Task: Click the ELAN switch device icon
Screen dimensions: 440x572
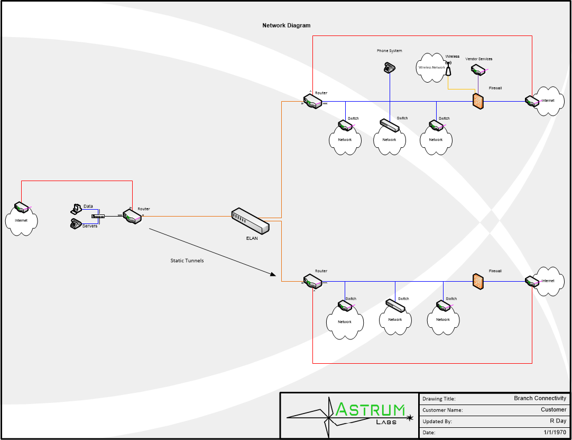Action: [x=251, y=220]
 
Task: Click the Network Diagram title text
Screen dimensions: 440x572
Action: [x=287, y=25]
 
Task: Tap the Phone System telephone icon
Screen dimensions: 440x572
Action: [x=390, y=67]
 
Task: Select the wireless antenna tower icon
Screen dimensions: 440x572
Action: [x=449, y=69]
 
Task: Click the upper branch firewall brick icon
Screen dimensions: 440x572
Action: [x=478, y=101]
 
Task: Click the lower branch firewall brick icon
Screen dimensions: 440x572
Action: [x=478, y=281]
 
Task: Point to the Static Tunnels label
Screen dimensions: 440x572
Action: [x=187, y=261]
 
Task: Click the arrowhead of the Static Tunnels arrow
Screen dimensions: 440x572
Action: [x=273, y=274]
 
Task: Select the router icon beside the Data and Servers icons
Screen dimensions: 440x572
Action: [x=132, y=216]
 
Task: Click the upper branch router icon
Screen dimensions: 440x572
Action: [x=312, y=101]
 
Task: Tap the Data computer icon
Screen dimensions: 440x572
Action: [x=76, y=208]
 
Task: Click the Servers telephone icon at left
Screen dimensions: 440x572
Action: [x=76, y=223]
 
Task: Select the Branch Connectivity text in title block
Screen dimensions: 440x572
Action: [x=540, y=398]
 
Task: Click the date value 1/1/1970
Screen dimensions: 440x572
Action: [x=555, y=433]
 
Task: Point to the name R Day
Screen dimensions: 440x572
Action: [x=558, y=421]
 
